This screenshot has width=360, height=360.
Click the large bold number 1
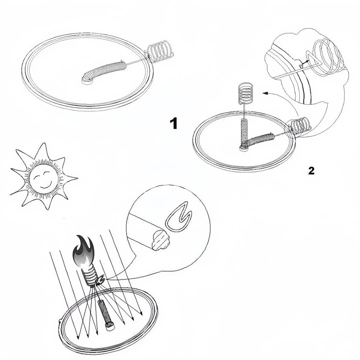point(174,123)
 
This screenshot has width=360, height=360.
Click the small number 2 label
point(311,171)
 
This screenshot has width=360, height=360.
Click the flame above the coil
point(83,252)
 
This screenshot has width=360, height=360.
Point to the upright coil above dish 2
point(246,93)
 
